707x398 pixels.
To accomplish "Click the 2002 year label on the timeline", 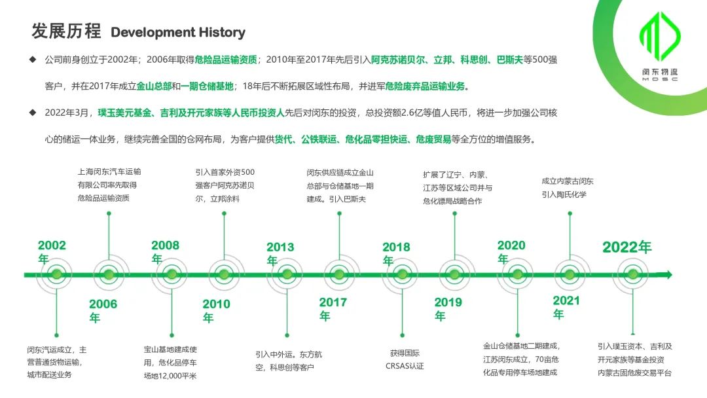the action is click(x=52, y=252).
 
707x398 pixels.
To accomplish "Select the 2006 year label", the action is click(x=103, y=310).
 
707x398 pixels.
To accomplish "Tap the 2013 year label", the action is click(x=280, y=253).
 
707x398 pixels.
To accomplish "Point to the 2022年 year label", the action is click(x=626, y=247).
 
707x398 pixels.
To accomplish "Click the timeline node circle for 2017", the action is click(x=339, y=274).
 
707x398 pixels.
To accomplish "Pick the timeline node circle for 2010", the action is click(x=224, y=274).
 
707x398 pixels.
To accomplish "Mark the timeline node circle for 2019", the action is click(x=454, y=274).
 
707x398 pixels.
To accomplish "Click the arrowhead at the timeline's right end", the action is click(x=668, y=274).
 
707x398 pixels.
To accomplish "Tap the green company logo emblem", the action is click(x=660, y=36).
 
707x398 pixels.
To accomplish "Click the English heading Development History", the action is click(x=177, y=33).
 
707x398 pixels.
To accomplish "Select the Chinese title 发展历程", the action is click(x=66, y=31).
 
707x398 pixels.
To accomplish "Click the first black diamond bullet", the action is click(x=33, y=60).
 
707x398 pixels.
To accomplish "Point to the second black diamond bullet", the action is click(x=33, y=112).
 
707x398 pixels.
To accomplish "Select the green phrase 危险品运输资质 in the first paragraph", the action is click(x=225, y=60).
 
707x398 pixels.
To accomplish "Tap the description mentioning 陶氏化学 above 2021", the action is click(x=567, y=187).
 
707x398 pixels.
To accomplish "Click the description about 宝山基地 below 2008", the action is click(x=170, y=363).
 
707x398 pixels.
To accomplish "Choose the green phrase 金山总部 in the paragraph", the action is click(x=154, y=86).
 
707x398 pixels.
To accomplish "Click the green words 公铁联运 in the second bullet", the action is click(x=319, y=139).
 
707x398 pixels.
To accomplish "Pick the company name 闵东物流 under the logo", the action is click(x=660, y=71).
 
